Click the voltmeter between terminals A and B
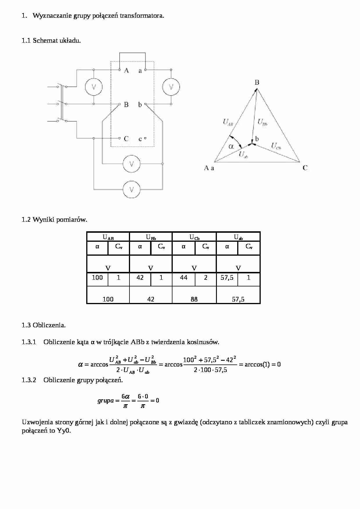point(93,87)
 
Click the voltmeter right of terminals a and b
point(171,87)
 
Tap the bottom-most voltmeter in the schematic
point(132,189)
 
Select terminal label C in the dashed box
point(126,139)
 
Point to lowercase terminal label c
point(140,139)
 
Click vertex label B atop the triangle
point(257,82)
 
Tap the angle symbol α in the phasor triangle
point(231,146)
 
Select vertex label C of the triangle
point(305,168)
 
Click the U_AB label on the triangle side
point(228,122)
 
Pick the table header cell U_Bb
point(151,237)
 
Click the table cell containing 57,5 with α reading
point(227,278)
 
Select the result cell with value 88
point(194,299)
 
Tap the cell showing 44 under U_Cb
point(183,278)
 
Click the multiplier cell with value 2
point(206,278)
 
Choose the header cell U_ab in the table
point(238,237)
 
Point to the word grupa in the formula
point(106,401)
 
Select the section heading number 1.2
point(26,219)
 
